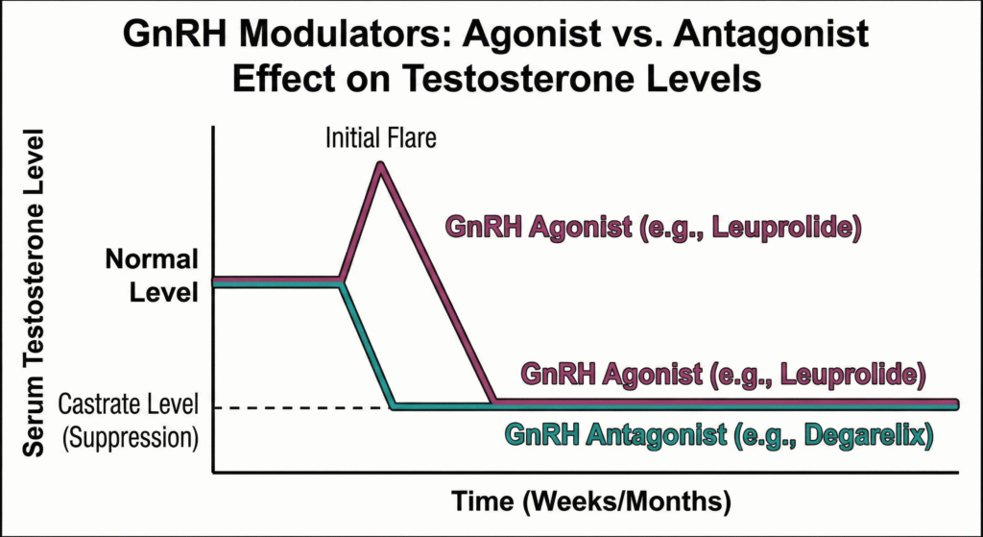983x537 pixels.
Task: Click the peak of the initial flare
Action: pos(381,165)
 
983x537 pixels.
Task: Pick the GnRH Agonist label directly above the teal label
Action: pos(722,373)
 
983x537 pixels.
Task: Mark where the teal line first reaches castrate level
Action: pos(393,406)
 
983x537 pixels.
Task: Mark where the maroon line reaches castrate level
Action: pos(493,403)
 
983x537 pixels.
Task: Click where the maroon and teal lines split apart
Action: pos(342,282)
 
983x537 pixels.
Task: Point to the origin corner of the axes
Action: pos(214,472)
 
